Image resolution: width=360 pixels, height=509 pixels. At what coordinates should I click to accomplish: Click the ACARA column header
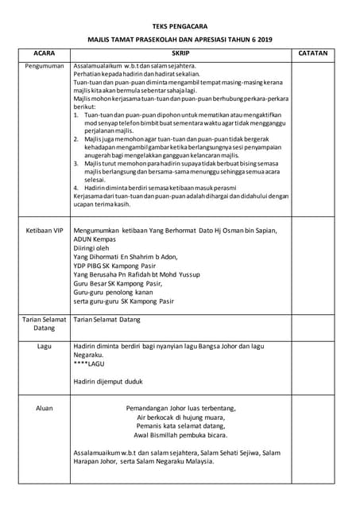(x=44, y=53)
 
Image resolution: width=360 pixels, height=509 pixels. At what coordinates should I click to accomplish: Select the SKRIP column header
(x=179, y=53)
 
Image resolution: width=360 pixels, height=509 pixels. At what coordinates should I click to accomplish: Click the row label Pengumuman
(x=44, y=65)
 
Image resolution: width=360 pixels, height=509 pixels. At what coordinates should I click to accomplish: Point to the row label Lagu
(x=44, y=347)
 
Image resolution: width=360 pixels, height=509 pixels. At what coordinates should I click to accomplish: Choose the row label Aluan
(x=44, y=408)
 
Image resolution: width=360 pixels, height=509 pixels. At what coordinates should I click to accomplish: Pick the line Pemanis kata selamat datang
(x=180, y=425)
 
